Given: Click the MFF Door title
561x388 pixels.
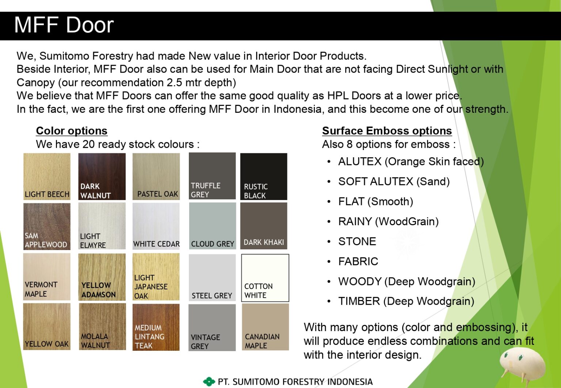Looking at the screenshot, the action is click(x=64, y=25).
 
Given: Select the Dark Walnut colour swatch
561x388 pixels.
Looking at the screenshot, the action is click(x=102, y=176).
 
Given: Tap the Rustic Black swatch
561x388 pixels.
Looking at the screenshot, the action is click(x=264, y=176).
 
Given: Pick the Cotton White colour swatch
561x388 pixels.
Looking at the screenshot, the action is click(x=265, y=278).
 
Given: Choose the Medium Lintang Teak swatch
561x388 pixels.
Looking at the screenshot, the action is click(x=156, y=327).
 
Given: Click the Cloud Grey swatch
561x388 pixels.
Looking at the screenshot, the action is click(x=212, y=226).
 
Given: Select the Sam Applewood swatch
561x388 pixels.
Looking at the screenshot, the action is click(x=47, y=226).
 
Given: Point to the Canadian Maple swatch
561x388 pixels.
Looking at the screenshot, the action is click(x=265, y=327).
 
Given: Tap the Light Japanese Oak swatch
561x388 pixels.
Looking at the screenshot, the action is click(x=156, y=277).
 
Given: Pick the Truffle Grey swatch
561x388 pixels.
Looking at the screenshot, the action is click(x=212, y=176).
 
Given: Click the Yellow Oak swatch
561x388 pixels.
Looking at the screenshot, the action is click(x=47, y=327).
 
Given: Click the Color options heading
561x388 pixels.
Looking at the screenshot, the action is click(x=72, y=131).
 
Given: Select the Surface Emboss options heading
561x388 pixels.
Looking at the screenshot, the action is click(x=387, y=131).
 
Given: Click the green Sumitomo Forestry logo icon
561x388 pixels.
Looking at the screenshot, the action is click(x=209, y=382).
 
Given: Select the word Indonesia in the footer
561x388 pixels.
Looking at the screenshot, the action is click(x=350, y=382).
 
